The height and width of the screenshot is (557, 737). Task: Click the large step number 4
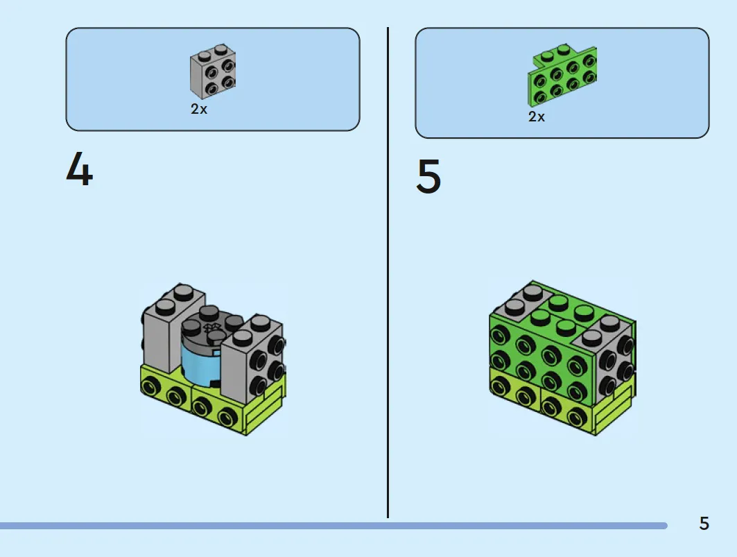tap(80, 169)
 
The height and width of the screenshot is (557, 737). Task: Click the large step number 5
tap(428, 176)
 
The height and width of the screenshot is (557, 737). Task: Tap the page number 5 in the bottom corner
tap(704, 523)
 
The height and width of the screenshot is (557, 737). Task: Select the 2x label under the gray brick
tap(199, 109)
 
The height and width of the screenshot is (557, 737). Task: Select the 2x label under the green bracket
tap(537, 117)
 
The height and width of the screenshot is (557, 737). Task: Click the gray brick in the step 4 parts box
tap(213, 71)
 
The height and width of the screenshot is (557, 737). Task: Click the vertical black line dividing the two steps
tap(388, 273)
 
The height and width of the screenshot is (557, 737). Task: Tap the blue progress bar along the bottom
tap(333, 526)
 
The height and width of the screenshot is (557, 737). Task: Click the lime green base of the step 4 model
tap(211, 400)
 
